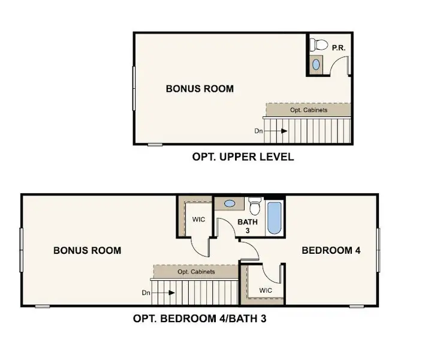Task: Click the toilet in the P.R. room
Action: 319,45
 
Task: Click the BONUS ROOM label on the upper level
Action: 200,89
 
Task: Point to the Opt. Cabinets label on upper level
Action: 308,110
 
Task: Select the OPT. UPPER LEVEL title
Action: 243,157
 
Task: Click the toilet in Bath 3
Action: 254,207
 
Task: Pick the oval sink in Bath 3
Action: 228,204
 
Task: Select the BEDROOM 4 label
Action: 331,250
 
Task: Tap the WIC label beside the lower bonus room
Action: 198,220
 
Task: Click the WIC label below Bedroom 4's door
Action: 266,290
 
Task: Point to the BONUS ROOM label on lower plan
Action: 87,250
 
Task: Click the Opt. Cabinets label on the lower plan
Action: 196,272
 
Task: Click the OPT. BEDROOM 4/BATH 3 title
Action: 200,319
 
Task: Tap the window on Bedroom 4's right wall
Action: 378,251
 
